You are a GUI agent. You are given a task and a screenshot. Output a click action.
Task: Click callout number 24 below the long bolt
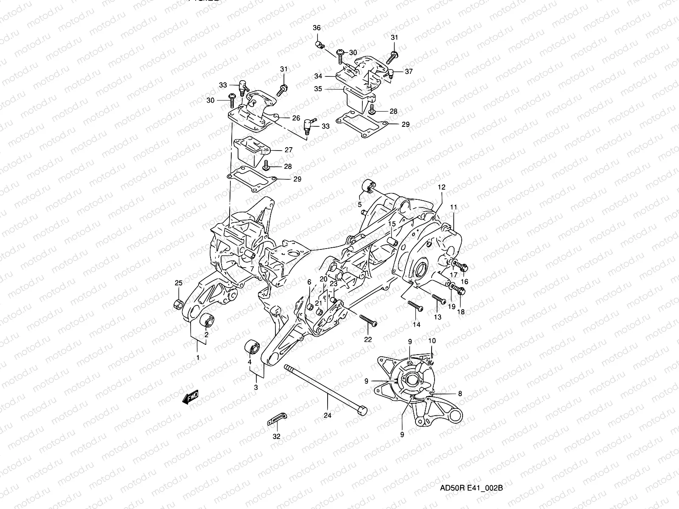click(328, 416)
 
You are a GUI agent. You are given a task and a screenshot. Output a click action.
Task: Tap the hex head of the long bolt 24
click(362, 411)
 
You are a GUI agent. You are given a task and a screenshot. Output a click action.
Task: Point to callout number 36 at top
click(317, 28)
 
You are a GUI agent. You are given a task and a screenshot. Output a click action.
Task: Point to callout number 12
click(441, 187)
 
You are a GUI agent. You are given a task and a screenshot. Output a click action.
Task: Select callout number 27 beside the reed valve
click(289, 150)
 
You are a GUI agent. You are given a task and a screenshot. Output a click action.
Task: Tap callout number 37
click(408, 72)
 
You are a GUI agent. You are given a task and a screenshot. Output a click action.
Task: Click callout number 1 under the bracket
click(197, 358)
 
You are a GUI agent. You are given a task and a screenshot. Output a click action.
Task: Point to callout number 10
click(432, 341)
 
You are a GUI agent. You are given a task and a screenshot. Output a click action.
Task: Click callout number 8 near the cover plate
click(460, 394)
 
